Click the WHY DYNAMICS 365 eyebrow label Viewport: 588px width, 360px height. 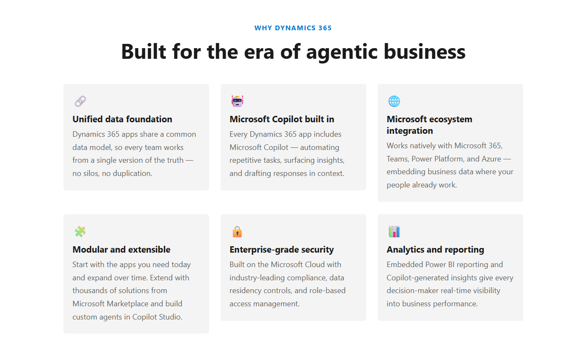pyautogui.click(x=293, y=28)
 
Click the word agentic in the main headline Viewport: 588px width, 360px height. pyautogui.click(x=342, y=52)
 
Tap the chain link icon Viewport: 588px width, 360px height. pyautogui.click(x=80, y=101)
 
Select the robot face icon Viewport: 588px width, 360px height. pyautogui.click(x=237, y=101)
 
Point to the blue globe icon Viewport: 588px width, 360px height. pyautogui.click(x=394, y=101)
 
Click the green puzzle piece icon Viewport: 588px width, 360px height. pyautogui.click(x=80, y=231)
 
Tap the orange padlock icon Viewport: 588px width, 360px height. pyautogui.click(x=237, y=231)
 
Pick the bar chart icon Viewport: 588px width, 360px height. pyautogui.click(x=394, y=231)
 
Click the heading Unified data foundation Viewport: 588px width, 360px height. pyautogui.click(x=122, y=119)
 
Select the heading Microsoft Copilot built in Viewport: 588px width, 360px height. pyautogui.click(x=282, y=119)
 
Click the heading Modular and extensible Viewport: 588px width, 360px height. pyautogui.click(x=121, y=250)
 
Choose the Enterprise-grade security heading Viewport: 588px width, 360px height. pyautogui.click(x=282, y=250)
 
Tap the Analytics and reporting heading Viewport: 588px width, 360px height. pyautogui.click(x=435, y=250)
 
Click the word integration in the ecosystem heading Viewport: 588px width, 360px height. pyautogui.click(x=410, y=131)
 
